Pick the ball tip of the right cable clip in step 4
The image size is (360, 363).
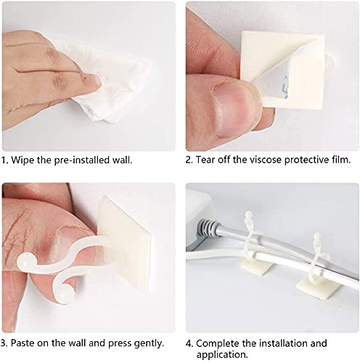pos(318,218)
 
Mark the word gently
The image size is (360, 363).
pos(148,343)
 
